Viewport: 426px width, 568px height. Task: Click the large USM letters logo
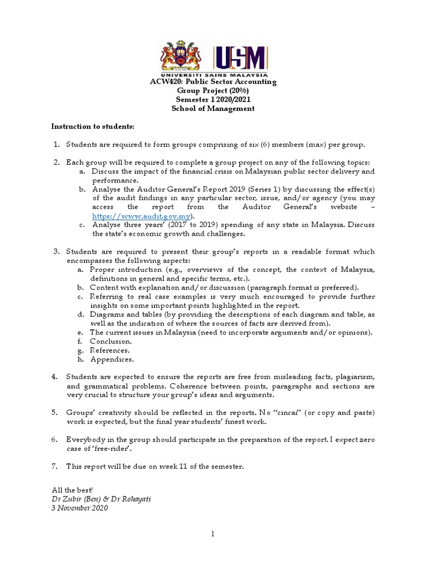(240, 57)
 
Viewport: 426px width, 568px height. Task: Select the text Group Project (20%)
(213, 91)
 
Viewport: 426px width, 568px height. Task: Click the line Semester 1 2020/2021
(213, 100)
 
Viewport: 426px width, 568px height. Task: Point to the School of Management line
(213, 109)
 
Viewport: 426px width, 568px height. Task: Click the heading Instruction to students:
(93, 126)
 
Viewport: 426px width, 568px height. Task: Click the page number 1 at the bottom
(212, 534)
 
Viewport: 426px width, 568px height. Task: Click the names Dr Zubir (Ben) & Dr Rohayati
(100, 499)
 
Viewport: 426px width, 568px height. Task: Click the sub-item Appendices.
(112, 359)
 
